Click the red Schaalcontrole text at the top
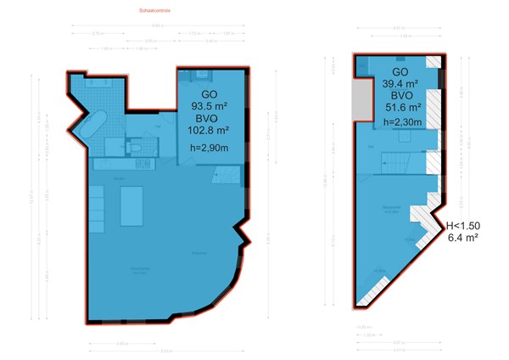tap(154, 12)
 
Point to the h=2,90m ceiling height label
tap(208, 149)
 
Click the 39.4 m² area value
tap(404, 83)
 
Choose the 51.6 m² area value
tap(404, 107)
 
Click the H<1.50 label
tap(463, 225)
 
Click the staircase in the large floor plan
tap(227, 177)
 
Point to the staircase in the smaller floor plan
tap(395, 159)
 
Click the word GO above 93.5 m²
tap(209, 94)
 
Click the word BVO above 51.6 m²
tap(404, 95)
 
